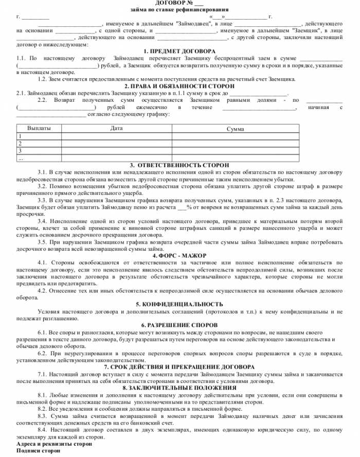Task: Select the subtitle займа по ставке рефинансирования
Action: pos(179,10)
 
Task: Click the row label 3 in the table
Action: pos(20,151)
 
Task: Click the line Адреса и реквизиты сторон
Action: pos(55,443)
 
